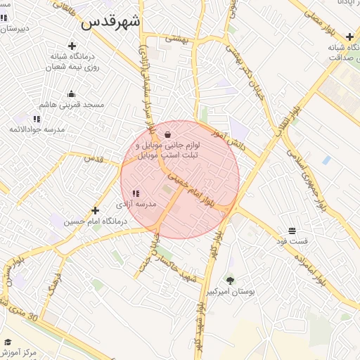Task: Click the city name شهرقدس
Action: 110,22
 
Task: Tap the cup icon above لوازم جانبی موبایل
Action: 167,134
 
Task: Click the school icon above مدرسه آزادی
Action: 136,193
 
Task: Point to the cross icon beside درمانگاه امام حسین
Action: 96,210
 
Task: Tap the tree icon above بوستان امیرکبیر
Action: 230,280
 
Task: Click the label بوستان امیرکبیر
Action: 230,291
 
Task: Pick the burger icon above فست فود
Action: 292,231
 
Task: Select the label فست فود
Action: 292,242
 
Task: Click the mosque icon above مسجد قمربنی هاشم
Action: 71,94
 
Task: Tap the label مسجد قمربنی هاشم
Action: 71,105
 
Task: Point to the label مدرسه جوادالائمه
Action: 37,130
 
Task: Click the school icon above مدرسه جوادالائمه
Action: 37,119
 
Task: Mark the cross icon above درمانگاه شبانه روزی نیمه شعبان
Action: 72,46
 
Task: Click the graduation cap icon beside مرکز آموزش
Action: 8,342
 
